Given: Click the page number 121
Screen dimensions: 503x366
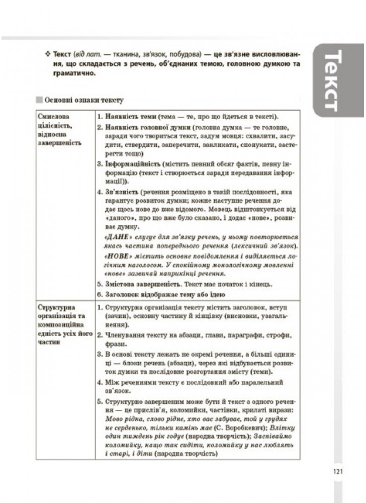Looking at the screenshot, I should click(337, 471).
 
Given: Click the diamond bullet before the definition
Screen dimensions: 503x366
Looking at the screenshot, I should click(48, 53).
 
